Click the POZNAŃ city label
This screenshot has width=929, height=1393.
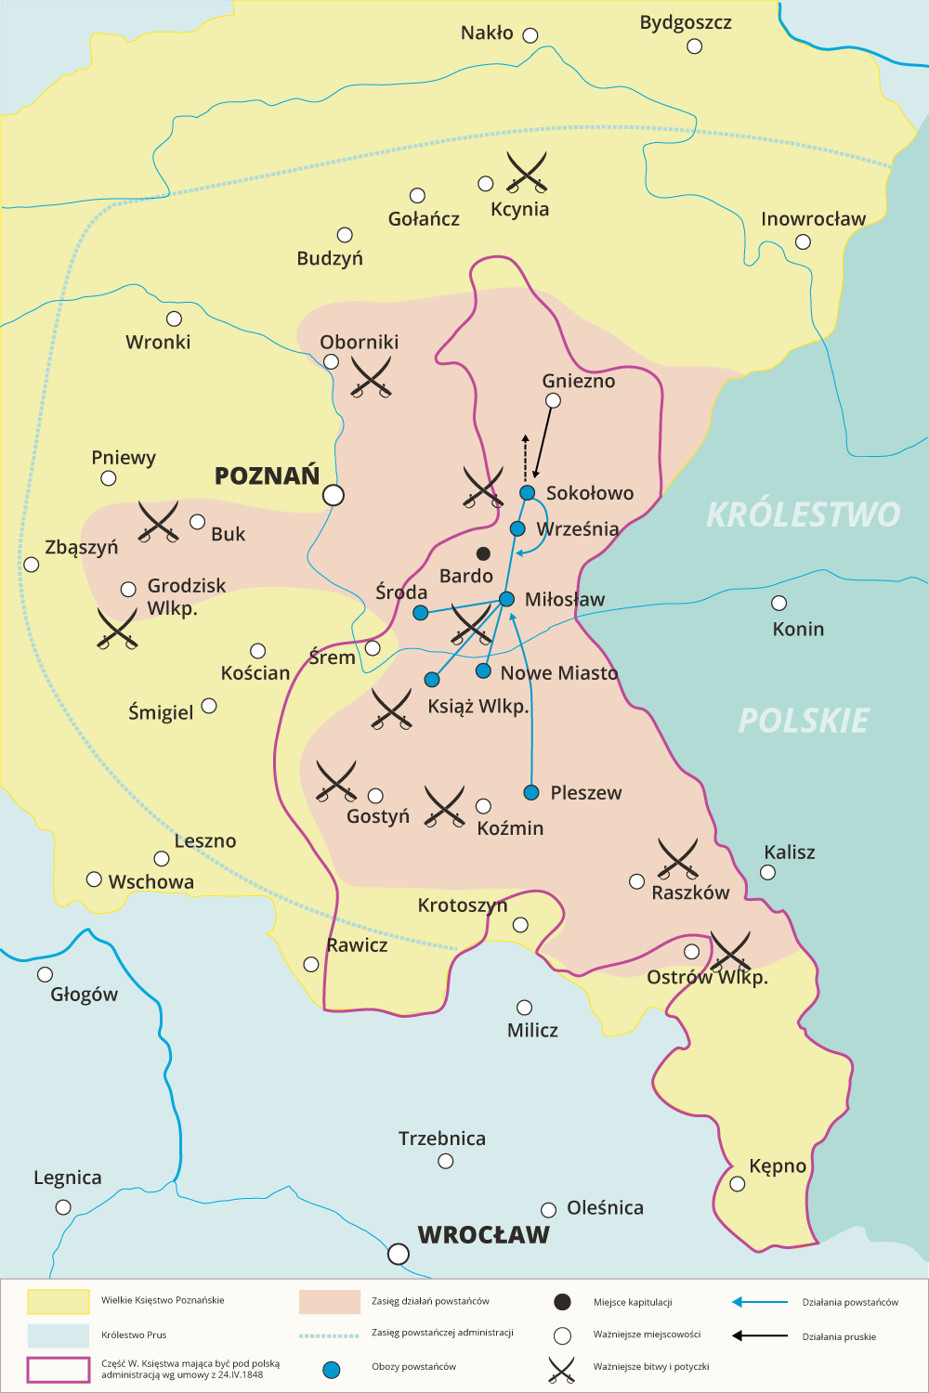[x=267, y=475]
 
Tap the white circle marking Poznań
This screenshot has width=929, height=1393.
[x=333, y=495]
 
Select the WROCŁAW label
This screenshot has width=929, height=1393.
[x=483, y=1234]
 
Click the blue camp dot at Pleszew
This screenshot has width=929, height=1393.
[x=531, y=792]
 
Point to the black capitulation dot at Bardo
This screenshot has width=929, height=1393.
[x=483, y=553]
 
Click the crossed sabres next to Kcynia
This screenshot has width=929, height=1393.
[x=527, y=172]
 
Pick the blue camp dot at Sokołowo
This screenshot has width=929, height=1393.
[x=528, y=492]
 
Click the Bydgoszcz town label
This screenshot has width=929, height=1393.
[x=686, y=22]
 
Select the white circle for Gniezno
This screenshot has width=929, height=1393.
[x=553, y=400]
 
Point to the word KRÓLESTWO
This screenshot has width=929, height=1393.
[x=804, y=514]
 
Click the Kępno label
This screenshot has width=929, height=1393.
[x=778, y=1166]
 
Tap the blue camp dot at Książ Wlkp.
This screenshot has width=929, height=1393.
[x=432, y=680]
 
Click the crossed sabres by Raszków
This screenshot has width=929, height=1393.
[x=677, y=858]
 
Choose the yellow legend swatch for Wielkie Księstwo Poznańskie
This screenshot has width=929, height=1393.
[x=59, y=1301]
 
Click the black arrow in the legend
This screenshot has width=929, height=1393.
[x=760, y=1336]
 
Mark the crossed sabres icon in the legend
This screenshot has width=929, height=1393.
[x=562, y=1368]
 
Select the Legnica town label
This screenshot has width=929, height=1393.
[x=68, y=1178]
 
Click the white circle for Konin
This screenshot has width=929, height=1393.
[x=779, y=604]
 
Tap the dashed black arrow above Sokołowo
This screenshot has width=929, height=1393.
[x=525, y=455]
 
